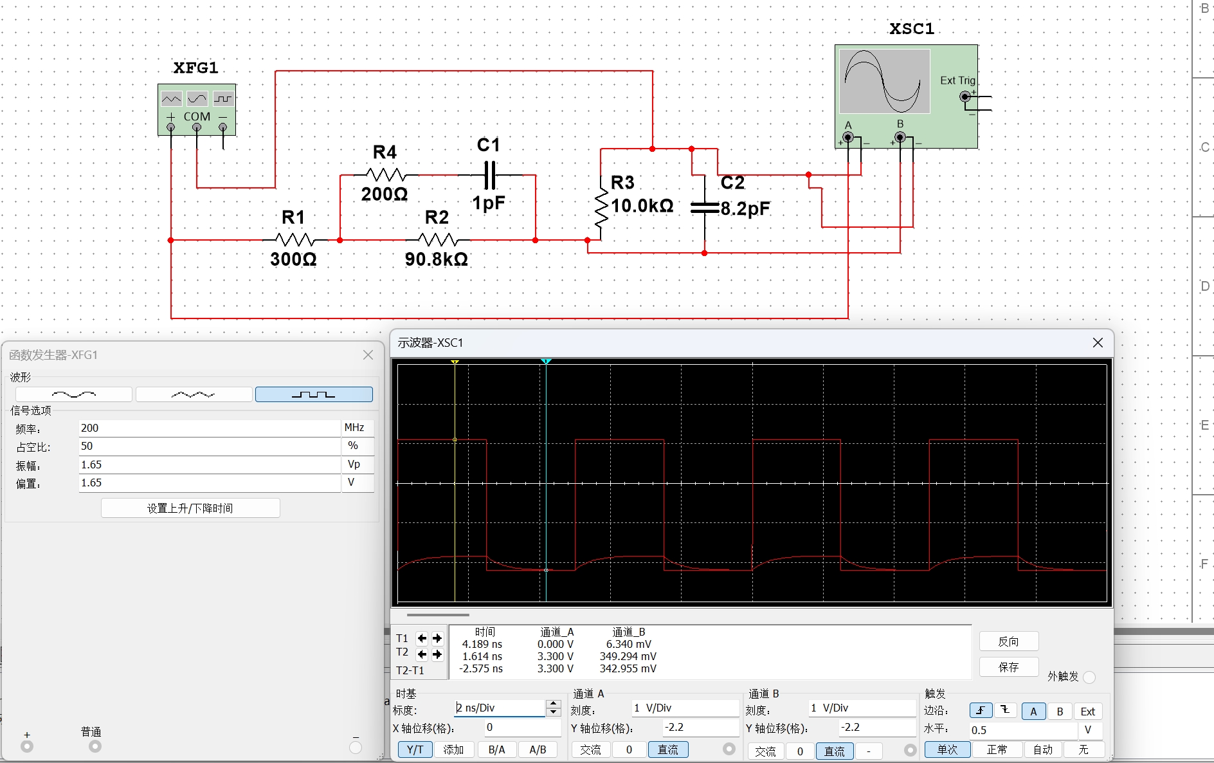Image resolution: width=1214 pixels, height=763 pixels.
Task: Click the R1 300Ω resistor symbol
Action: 294,240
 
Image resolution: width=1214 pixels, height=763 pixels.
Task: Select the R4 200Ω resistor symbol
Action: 385,174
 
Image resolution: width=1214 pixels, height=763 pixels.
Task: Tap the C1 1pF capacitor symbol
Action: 490,175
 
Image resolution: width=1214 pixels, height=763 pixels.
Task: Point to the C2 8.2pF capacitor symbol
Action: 705,208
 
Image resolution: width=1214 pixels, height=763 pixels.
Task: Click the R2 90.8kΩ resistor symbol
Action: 438,240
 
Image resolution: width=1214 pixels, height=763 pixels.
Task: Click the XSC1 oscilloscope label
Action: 912,29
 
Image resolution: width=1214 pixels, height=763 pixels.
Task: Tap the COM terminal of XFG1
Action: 197,127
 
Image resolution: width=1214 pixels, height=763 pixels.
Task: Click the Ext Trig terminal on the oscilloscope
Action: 965,97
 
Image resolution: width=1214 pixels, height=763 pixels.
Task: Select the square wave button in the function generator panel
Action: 314,394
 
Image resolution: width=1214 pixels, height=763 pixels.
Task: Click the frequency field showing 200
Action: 209,428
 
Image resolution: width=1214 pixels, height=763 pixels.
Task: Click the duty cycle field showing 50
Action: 209,446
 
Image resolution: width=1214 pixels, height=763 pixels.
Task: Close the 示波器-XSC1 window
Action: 1098,343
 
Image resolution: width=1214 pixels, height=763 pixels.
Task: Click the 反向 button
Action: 1008,641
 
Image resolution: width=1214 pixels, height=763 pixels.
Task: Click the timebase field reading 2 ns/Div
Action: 500,708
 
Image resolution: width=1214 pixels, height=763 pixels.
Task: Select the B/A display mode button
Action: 496,749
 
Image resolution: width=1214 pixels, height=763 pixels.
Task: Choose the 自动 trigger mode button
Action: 1043,749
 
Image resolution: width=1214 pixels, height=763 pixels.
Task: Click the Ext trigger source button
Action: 1088,712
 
